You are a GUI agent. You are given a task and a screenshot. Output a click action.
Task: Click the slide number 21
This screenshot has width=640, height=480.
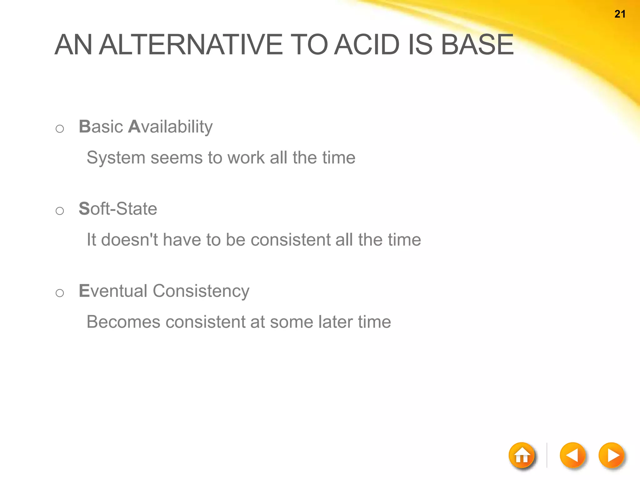pos(620,14)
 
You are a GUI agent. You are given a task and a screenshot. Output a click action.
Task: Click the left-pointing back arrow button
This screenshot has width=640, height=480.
pos(572,455)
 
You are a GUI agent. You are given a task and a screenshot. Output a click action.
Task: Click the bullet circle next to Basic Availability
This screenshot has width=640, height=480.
pos(60,129)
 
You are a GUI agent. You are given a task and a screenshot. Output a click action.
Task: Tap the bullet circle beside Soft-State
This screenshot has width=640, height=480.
pos(60,211)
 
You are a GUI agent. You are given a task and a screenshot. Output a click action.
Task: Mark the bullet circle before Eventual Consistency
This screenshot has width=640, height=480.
pos(60,293)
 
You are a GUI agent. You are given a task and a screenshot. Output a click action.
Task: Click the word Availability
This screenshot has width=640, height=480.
pos(170,127)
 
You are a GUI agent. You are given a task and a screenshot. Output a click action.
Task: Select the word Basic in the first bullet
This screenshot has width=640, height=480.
pos(101,127)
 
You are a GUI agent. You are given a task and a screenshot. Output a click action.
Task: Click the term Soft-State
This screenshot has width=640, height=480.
pos(118,209)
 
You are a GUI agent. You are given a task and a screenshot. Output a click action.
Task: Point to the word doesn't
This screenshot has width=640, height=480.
pos(130,240)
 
